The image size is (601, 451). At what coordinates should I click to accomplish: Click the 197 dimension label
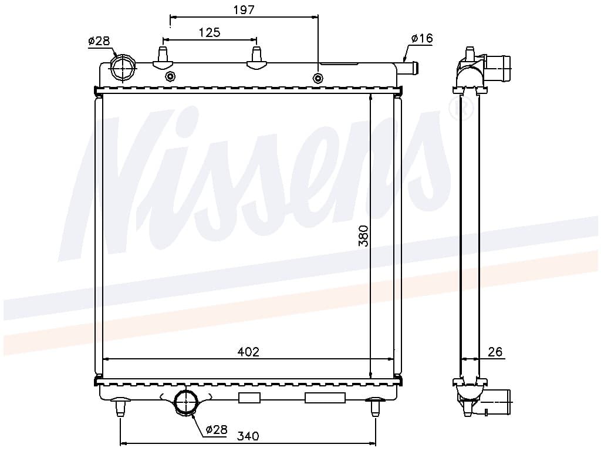[x=244, y=9]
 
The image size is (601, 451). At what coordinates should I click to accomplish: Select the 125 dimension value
[x=210, y=33]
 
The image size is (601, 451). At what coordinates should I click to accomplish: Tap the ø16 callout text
[x=422, y=38]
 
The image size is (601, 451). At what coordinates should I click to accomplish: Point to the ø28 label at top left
[x=99, y=41]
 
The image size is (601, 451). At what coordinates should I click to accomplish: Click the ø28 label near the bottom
[x=217, y=429]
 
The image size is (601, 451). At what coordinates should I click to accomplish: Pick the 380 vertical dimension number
[x=363, y=236]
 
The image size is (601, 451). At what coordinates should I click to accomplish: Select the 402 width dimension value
[x=248, y=352]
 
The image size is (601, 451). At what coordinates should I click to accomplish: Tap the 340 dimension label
[x=248, y=436]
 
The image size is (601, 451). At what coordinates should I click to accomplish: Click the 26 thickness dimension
[x=495, y=352]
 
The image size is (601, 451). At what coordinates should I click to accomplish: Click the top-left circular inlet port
[x=122, y=68]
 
